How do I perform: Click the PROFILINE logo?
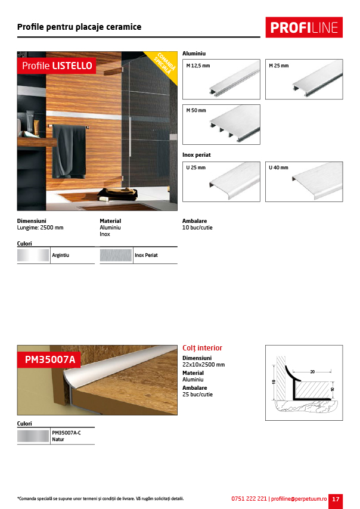(304, 27)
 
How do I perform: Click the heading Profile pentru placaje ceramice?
(79, 27)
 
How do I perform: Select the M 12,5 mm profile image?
(221, 79)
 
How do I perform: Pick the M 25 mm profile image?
(303, 79)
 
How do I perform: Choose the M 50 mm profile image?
(221, 125)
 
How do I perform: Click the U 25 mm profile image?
(221, 182)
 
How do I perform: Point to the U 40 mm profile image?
(303, 182)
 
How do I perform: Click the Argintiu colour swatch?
(33, 256)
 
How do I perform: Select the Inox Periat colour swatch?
(116, 256)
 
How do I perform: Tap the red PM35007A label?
(50, 359)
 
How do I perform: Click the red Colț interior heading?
(202, 348)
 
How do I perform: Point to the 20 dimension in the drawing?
(312, 372)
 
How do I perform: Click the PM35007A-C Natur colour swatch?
(33, 436)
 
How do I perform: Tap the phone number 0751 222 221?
(249, 499)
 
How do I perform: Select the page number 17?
(336, 499)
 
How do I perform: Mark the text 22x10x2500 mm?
(203, 364)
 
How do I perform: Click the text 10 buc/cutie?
(197, 228)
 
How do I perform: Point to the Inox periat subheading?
(197, 155)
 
